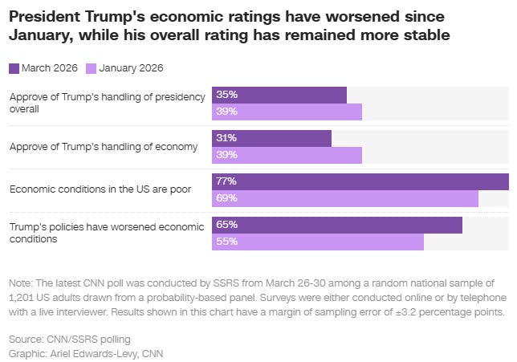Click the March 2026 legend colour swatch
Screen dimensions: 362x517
tap(14, 68)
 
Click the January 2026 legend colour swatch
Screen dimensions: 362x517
tap(91, 68)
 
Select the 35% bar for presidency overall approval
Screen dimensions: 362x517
tap(279, 95)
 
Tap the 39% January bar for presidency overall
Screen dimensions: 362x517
tap(287, 112)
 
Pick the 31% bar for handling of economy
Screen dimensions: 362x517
tap(271, 138)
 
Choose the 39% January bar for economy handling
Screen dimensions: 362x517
tap(287, 155)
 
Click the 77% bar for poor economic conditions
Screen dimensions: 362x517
tap(360, 181)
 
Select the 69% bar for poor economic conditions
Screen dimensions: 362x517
tap(344, 198)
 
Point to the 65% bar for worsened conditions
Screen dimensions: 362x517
tap(336, 225)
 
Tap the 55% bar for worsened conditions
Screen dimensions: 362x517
tap(317, 242)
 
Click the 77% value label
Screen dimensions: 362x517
tap(226, 181)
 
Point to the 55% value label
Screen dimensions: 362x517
tap(226, 242)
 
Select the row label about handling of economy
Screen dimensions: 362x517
tap(103, 146)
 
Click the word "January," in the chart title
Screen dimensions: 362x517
tap(41, 35)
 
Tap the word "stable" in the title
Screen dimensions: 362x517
tap(425, 35)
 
